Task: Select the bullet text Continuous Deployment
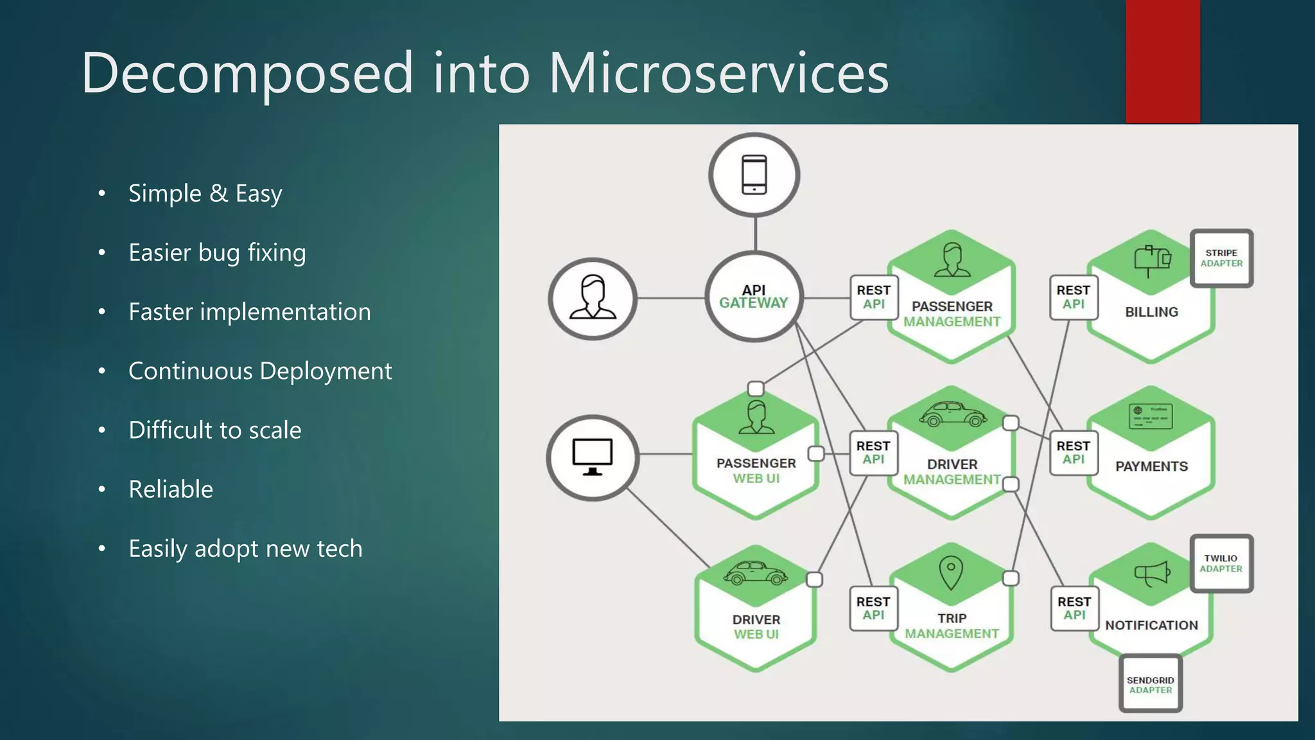259,371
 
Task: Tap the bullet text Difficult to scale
214,430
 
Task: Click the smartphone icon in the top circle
754,174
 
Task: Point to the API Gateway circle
754,297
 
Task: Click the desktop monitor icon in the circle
592,457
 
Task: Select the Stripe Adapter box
1221,258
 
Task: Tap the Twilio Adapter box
1221,563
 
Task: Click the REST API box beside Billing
1073,297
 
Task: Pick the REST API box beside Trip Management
873,608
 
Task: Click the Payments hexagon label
1151,467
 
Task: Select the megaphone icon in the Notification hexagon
1152,573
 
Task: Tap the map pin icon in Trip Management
951,572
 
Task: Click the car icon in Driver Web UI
756,573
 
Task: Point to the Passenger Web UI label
756,471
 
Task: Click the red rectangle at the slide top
1162,61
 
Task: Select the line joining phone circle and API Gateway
755,234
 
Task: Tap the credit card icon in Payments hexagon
1151,416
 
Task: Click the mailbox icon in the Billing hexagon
1152,260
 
